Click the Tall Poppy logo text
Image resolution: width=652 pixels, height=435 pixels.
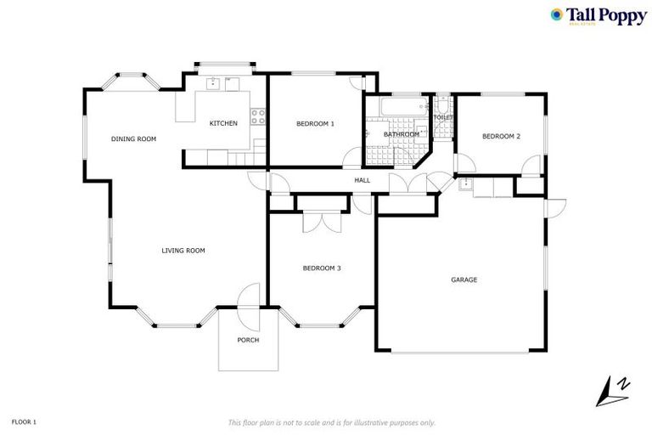(x=607, y=15)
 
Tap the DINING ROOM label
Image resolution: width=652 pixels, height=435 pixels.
(x=134, y=138)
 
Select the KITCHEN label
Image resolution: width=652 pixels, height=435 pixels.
(x=223, y=123)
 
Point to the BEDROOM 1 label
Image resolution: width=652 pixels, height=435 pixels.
(x=315, y=123)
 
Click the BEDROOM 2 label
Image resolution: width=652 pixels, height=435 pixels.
(x=501, y=136)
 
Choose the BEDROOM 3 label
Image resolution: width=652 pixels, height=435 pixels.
(x=322, y=268)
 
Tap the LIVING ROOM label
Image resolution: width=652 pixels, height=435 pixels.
(x=183, y=251)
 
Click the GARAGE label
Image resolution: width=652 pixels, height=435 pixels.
(x=464, y=280)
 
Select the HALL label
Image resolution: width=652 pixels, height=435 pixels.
(x=363, y=180)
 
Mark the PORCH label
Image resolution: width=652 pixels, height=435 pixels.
(x=248, y=340)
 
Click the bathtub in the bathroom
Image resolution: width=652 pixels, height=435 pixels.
(x=398, y=108)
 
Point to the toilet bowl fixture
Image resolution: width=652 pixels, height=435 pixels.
(x=441, y=107)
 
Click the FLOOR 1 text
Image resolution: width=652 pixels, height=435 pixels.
(x=24, y=421)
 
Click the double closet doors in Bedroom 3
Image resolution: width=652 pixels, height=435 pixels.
(x=321, y=221)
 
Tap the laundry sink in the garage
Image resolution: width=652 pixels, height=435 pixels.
(x=465, y=184)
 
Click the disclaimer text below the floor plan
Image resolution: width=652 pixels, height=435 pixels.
(x=332, y=422)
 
